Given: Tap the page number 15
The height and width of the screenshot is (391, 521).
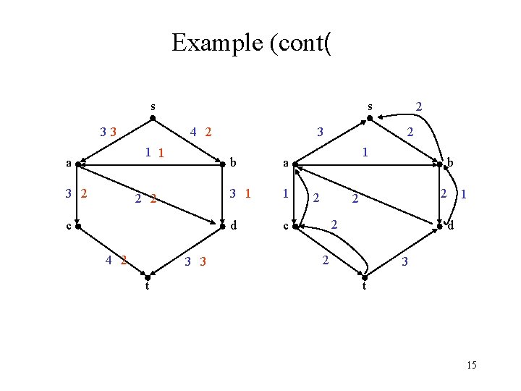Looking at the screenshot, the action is (x=472, y=365).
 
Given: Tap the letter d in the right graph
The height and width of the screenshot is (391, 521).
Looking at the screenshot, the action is (x=449, y=227).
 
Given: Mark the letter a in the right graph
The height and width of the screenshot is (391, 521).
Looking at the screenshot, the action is (x=286, y=164).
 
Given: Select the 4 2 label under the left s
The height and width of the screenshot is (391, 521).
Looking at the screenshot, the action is (x=200, y=133).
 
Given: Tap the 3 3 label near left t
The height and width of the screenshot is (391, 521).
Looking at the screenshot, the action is (x=195, y=261).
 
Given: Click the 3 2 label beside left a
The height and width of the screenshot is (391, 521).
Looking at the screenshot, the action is (x=76, y=193).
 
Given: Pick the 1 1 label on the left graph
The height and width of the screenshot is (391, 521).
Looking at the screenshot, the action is (x=155, y=152).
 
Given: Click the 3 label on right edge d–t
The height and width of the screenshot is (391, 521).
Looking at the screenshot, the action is (x=405, y=261).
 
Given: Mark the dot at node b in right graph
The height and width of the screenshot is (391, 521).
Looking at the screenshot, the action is (x=439, y=164).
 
